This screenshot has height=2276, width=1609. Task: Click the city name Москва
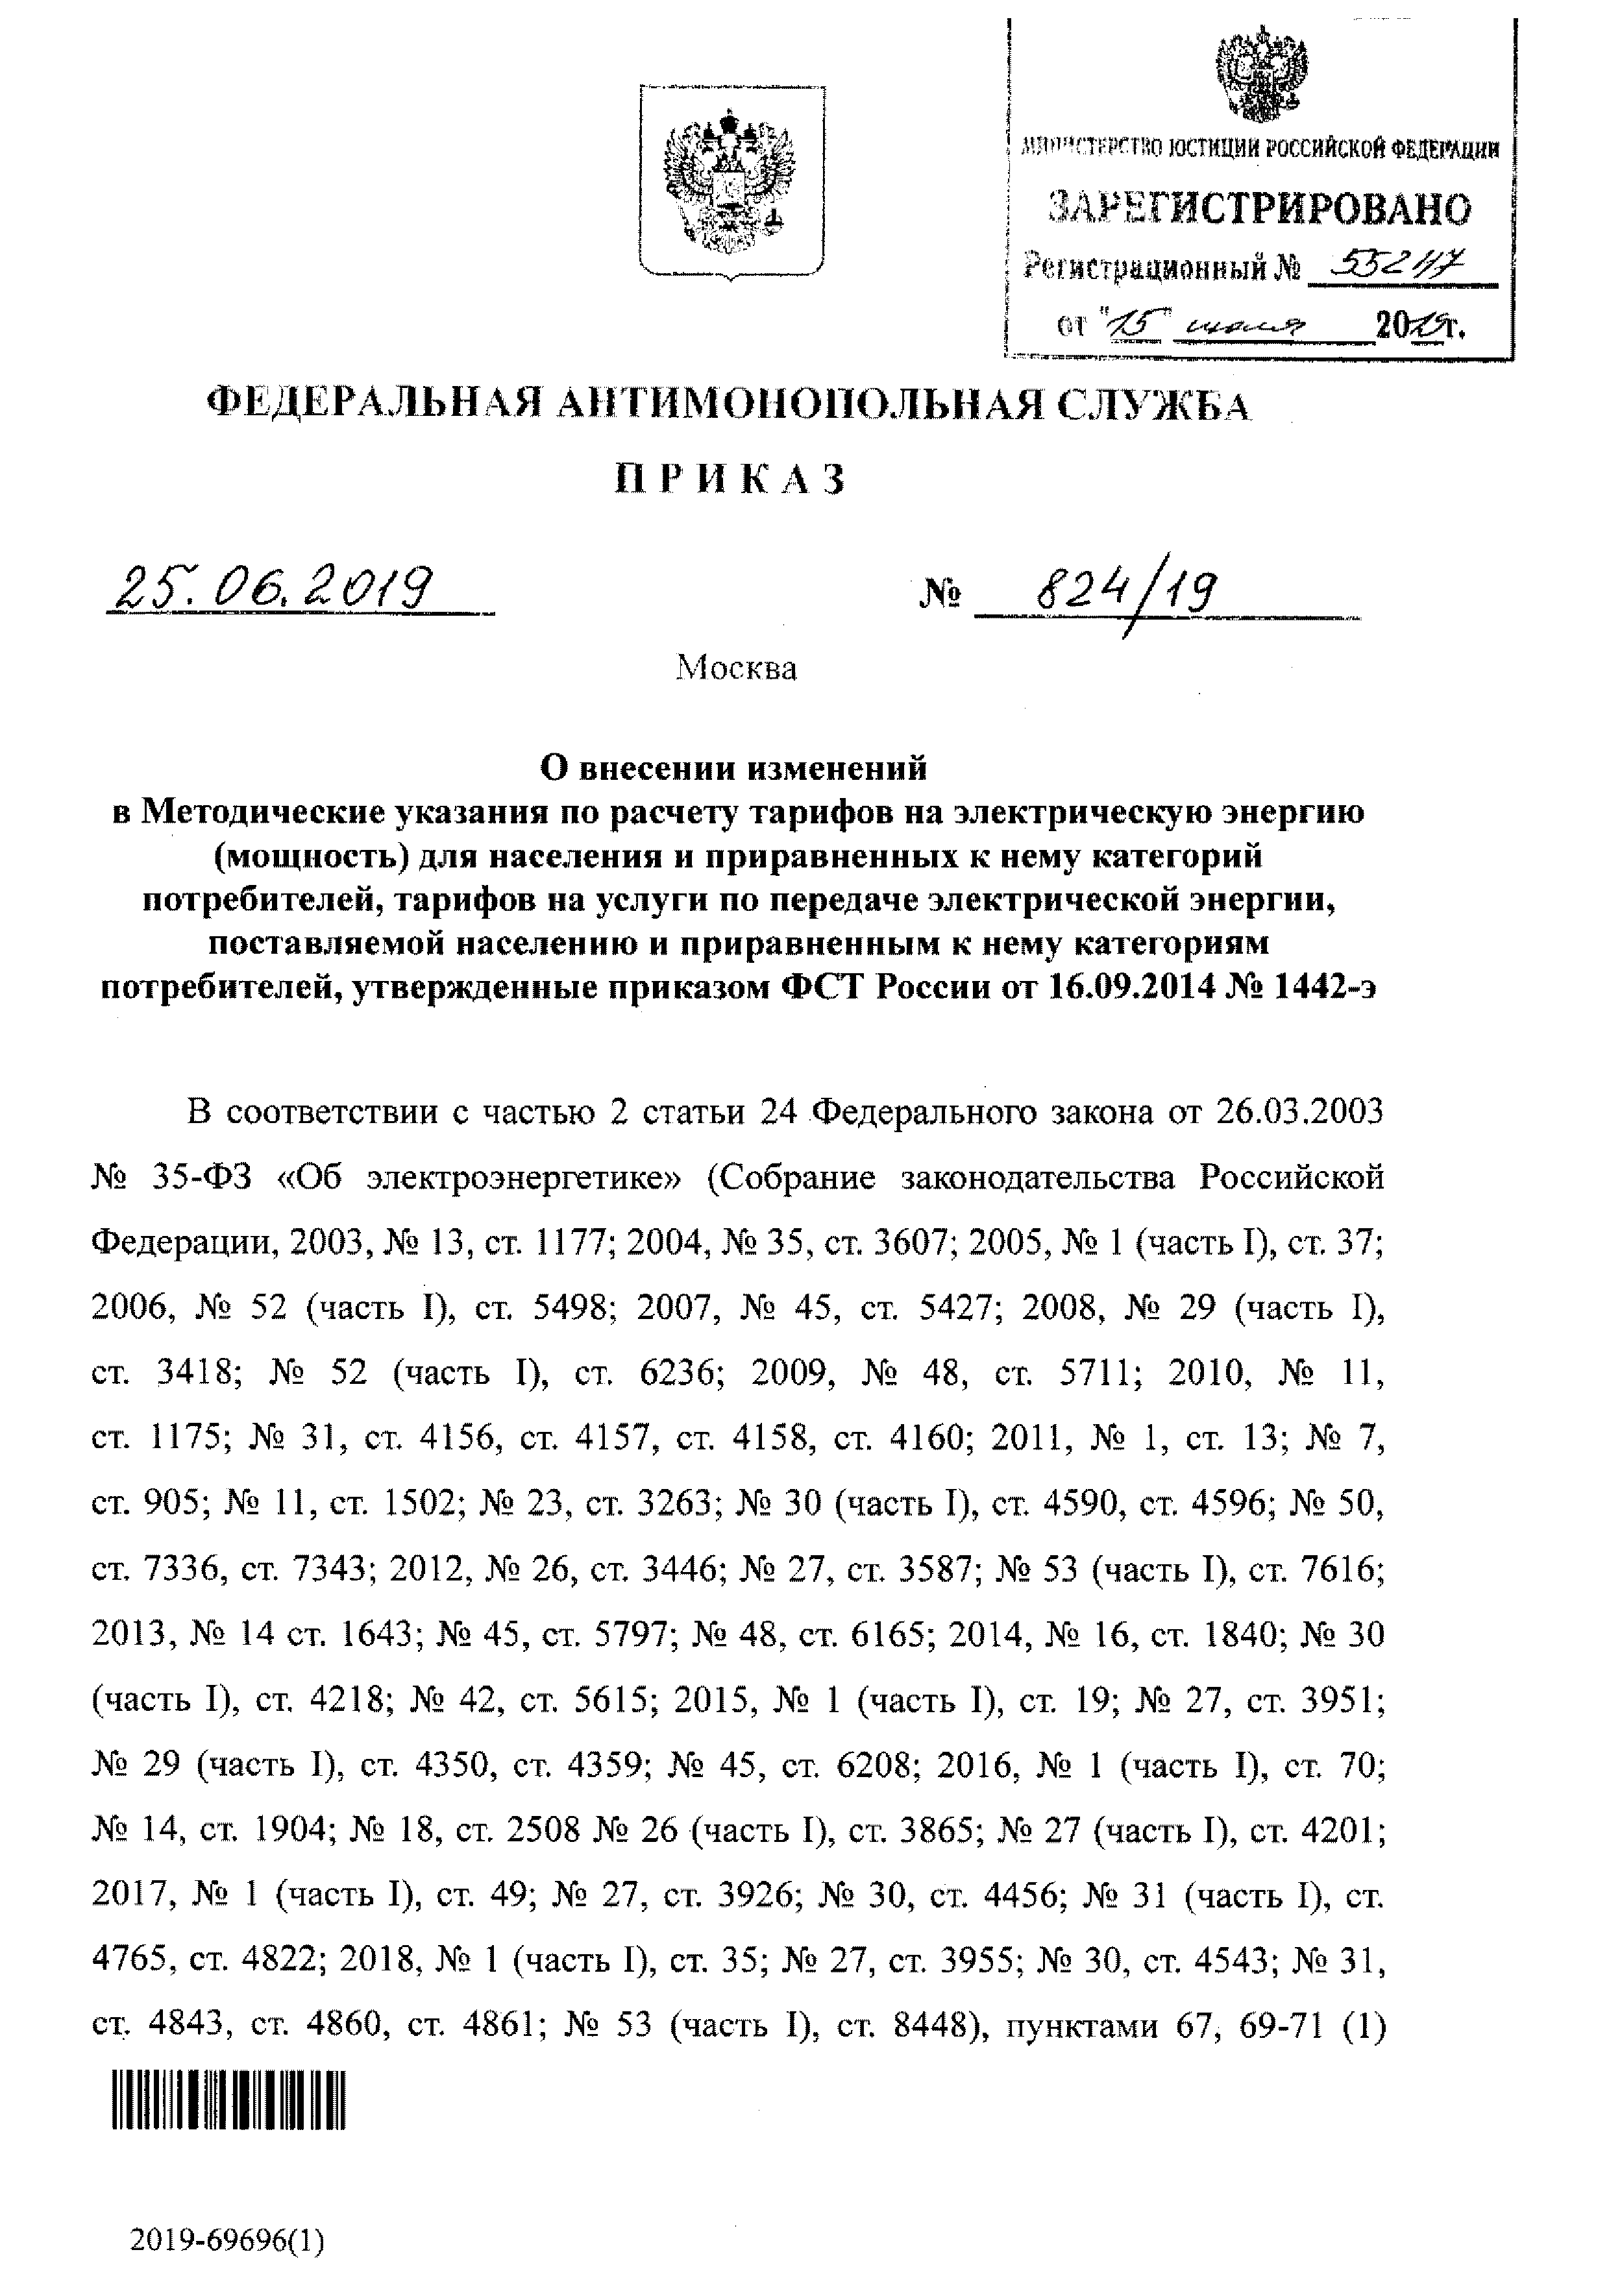click(735, 669)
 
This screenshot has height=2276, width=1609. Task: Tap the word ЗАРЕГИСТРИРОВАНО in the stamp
click(1260, 208)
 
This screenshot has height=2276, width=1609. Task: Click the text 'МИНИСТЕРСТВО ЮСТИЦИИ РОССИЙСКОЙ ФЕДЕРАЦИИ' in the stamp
click(1260, 150)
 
